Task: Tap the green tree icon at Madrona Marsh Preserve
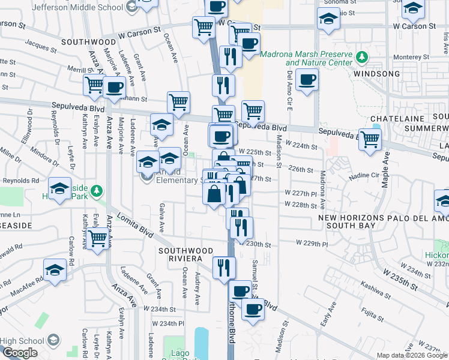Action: point(362,58)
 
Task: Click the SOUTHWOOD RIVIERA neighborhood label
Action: point(185,254)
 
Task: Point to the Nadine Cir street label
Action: point(360,175)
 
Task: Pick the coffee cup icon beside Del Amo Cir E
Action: point(307,80)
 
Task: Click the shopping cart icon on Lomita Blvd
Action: point(98,239)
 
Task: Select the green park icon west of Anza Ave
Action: point(96,192)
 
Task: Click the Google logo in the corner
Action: point(20,353)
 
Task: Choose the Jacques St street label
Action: point(37,46)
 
